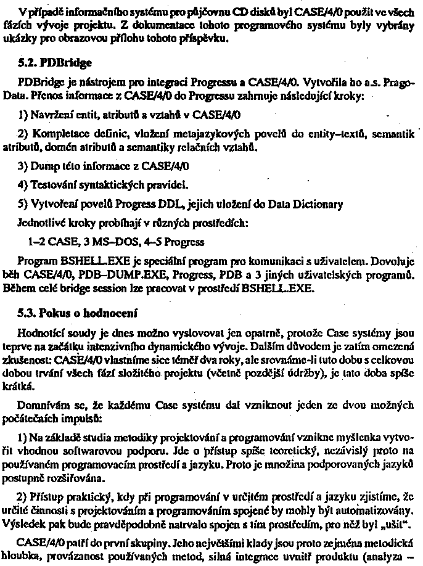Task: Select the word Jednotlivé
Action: (x=45, y=223)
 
